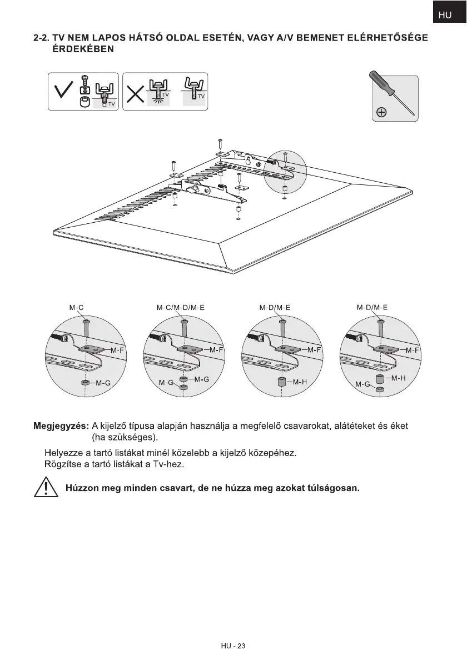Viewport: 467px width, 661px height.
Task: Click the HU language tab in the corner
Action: tap(445, 16)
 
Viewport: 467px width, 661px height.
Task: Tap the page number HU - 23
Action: tap(232, 646)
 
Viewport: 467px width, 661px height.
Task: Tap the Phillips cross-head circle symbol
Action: tap(382, 113)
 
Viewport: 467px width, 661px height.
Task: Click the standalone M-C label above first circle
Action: tap(76, 307)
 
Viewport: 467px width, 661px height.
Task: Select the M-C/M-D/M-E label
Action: tap(181, 307)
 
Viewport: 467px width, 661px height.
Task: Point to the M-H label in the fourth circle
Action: tap(399, 378)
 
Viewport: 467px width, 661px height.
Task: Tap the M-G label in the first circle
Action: tap(103, 383)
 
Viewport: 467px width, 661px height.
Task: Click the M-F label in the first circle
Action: tap(117, 350)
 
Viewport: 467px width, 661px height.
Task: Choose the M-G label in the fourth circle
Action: tap(362, 384)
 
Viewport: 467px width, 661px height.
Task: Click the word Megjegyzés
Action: tap(61, 426)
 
